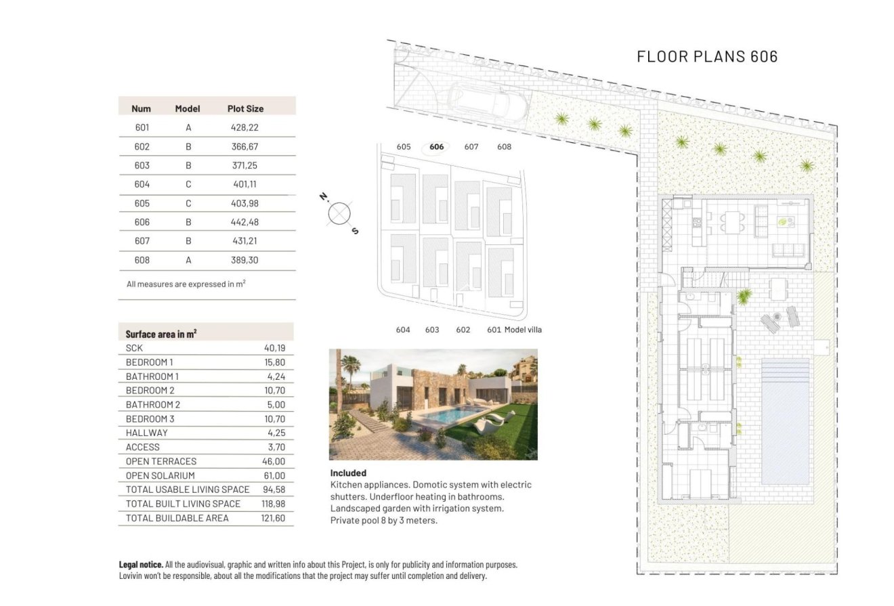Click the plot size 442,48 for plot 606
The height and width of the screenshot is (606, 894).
pyautogui.click(x=244, y=222)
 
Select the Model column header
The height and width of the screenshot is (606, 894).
pyautogui.click(x=188, y=108)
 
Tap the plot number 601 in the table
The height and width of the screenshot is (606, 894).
pyautogui.click(x=142, y=127)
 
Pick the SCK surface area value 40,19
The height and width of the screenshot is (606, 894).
pyautogui.click(x=275, y=348)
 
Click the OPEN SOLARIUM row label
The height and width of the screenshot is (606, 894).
pyautogui.click(x=160, y=475)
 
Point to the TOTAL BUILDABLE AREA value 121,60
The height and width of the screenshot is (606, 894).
pyautogui.click(x=273, y=518)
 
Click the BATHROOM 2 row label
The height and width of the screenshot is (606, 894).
pyautogui.click(x=152, y=404)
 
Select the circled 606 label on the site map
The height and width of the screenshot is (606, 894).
pyautogui.click(x=437, y=147)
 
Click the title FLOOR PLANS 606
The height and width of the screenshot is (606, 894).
pyautogui.click(x=707, y=56)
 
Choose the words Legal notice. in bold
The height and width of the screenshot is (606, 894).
pyautogui.click(x=141, y=564)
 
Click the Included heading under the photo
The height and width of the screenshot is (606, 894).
pyautogui.click(x=348, y=473)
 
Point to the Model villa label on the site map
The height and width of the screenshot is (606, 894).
pyautogui.click(x=523, y=330)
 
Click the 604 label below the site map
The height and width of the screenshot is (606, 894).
pyautogui.click(x=403, y=330)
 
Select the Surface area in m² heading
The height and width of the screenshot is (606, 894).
pyautogui.click(x=161, y=334)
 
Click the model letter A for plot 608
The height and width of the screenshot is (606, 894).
pyautogui.click(x=188, y=260)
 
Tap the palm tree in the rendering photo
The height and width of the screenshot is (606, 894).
pyautogui.click(x=350, y=370)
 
